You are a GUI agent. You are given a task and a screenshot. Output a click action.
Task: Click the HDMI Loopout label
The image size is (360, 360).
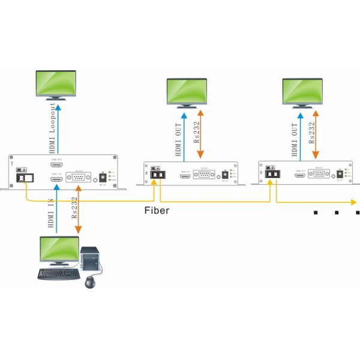53,126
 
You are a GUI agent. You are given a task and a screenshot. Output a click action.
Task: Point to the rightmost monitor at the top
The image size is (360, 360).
303,91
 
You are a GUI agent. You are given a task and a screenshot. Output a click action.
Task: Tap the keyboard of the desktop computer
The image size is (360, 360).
58,274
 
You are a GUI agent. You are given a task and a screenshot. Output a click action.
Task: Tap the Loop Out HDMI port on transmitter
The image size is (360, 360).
57,164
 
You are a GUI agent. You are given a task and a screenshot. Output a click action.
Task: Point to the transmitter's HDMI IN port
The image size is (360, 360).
57,178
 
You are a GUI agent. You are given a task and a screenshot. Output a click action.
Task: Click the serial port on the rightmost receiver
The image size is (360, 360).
319,175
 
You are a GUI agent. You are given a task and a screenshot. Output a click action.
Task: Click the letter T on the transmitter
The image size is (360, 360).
12,163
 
